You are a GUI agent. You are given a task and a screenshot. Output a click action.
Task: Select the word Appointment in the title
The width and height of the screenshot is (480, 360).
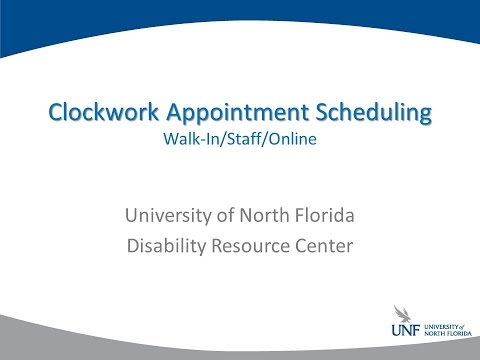coord(225,114)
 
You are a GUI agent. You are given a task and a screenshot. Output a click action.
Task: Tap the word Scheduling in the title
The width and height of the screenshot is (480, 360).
coord(369,114)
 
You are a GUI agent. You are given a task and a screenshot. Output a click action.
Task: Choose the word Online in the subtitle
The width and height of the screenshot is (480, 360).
coord(296,141)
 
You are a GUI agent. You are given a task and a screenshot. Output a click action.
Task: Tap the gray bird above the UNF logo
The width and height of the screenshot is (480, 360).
coord(399,314)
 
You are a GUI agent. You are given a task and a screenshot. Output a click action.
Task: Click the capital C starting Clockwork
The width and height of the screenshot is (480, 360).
coord(56,114)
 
